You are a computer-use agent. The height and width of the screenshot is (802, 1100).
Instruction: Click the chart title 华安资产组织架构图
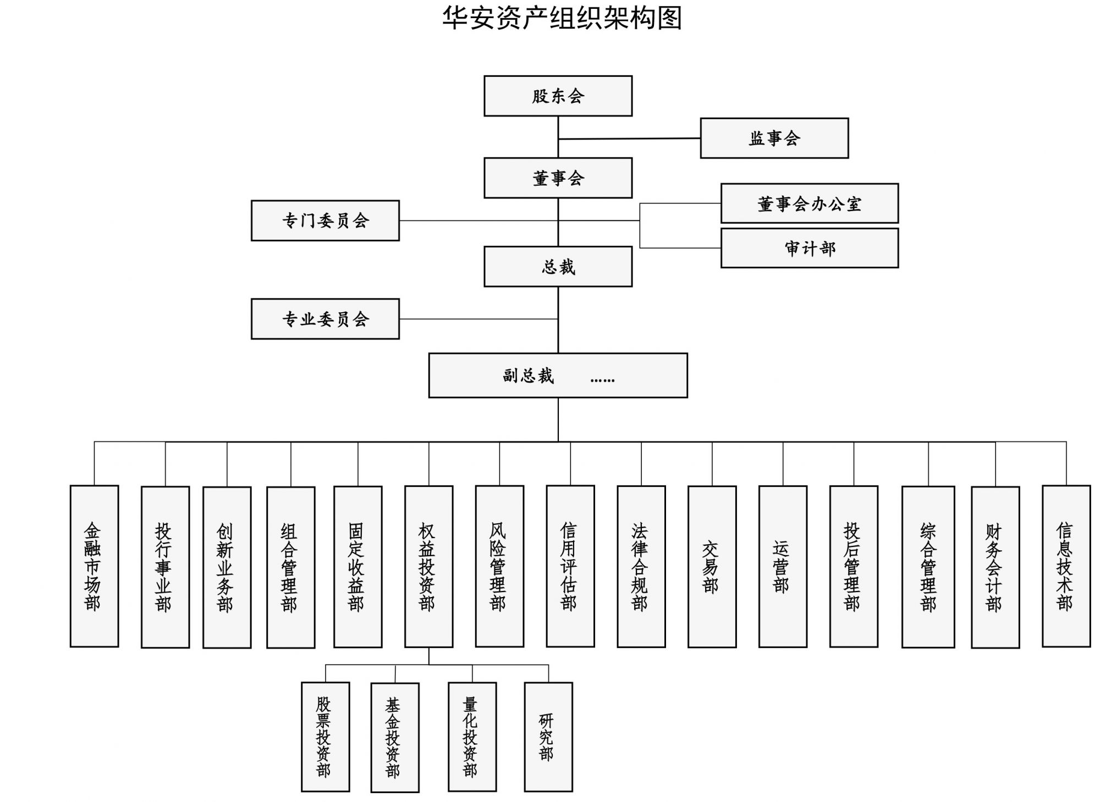(x=562, y=18)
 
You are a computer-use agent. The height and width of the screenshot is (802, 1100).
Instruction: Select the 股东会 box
(x=558, y=96)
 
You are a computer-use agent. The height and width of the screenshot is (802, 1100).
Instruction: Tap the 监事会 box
(x=774, y=138)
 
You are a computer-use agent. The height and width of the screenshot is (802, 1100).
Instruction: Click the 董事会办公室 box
(x=809, y=203)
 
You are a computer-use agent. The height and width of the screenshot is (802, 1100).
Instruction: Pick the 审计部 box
(x=809, y=248)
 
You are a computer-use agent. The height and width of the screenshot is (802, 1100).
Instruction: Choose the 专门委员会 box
(x=325, y=220)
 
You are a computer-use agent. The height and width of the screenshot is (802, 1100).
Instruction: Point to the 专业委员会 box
(x=325, y=319)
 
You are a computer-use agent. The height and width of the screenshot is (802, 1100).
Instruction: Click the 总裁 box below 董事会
(x=558, y=267)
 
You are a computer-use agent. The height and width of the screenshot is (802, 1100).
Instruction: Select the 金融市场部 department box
(x=94, y=566)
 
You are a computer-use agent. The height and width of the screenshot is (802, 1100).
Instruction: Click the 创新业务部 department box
(x=227, y=567)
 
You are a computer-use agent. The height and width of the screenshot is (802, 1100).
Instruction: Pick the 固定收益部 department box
(x=358, y=567)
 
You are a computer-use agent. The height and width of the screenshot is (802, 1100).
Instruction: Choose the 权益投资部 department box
(x=428, y=566)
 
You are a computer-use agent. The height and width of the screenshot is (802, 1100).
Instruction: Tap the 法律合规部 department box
(x=641, y=566)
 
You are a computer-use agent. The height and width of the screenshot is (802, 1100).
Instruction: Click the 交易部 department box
(x=712, y=567)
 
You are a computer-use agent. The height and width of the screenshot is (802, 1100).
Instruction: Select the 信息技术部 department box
(x=1066, y=566)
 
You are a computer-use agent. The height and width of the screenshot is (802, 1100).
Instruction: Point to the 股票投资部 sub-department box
(x=325, y=737)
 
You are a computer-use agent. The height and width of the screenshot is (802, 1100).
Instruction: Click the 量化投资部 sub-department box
(x=472, y=737)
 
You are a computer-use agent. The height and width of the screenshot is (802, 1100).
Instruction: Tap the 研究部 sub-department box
(x=548, y=737)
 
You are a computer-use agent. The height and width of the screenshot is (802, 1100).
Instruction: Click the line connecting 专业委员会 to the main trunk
(x=479, y=319)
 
